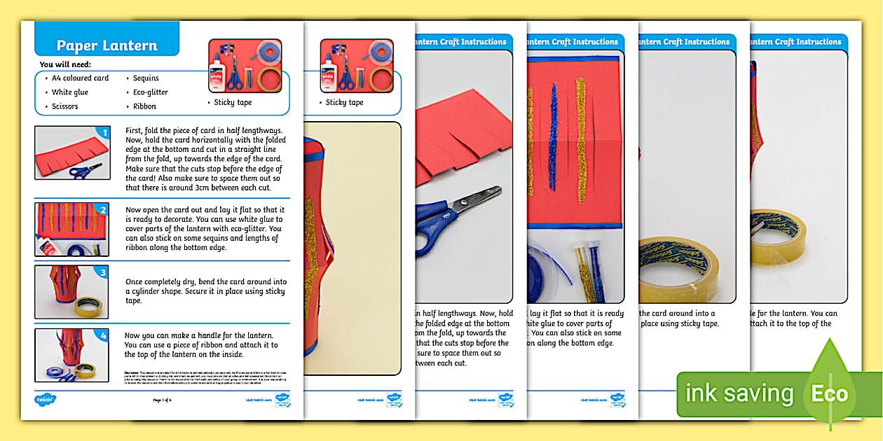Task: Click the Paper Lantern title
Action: coord(107,46)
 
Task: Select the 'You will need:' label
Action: coord(66,64)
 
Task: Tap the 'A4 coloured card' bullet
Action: coord(80,78)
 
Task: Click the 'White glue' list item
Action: coord(69,92)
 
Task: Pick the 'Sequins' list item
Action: coord(146,78)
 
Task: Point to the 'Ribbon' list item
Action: coord(144,106)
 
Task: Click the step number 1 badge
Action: coord(104,132)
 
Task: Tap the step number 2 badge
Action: coord(104,209)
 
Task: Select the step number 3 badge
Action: coord(104,272)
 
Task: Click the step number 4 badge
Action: coord(104,335)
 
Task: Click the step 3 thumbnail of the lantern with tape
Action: coord(72,291)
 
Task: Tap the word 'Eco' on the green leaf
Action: coord(830,393)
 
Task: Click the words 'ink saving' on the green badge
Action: coord(739,393)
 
